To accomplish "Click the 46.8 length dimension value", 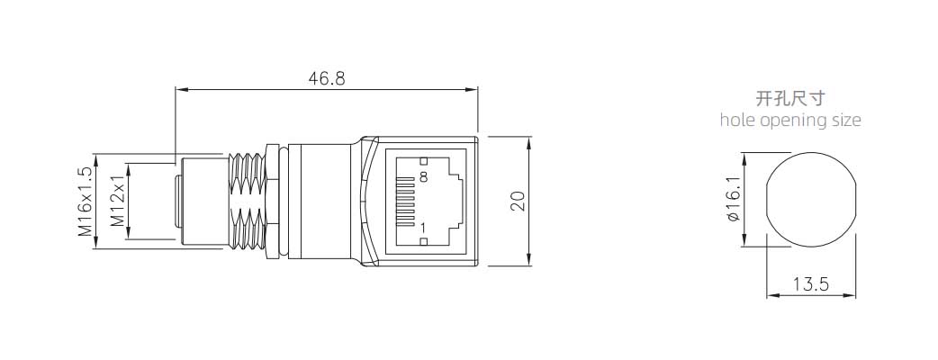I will pyautogui.click(x=327, y=78).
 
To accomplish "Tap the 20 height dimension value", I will pyautogui.click(x=517, y=200).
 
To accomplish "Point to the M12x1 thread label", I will pyautogui.click(x=117, y=202).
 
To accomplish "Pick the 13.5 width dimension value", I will pyautogui.click(x=811, y=285).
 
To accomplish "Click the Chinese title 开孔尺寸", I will pyautogui.click(x=790, y=98).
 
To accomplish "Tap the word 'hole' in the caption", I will pyautogui.click(x=737, y=120).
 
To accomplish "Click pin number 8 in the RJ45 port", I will pyautogui.click(x=423, y=177).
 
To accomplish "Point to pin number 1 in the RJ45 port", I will pyautogui.click(x=423, y=228).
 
